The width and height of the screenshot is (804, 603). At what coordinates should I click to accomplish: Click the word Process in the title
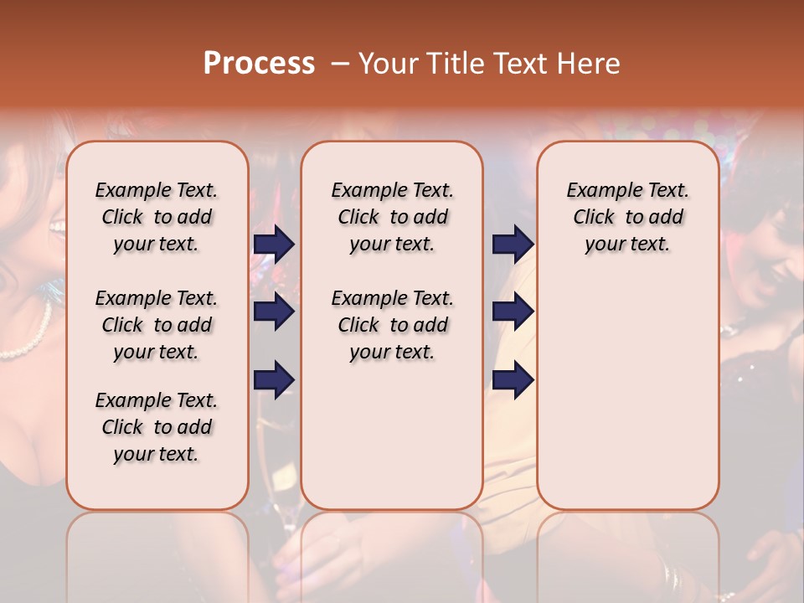click(259, 64)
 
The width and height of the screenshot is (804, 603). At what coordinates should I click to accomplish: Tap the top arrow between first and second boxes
click(274, 244)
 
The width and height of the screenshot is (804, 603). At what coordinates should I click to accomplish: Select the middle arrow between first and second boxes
click(274, 312)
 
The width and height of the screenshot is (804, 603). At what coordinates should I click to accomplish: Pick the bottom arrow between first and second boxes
click(274, 379)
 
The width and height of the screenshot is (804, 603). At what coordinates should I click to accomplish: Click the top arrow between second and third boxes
click(513, 244)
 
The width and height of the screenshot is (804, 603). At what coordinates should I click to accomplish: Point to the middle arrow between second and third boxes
click(513, 312)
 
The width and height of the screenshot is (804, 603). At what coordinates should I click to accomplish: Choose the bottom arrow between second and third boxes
click(513, 379)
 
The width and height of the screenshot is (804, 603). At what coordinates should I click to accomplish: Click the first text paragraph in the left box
click(157, 217)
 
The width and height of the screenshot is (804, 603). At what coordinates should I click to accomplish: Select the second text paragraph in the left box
click(157, 325)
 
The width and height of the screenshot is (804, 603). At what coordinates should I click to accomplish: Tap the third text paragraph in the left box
click(157, 427)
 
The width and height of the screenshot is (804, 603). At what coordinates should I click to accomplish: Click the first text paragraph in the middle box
click(392, 217)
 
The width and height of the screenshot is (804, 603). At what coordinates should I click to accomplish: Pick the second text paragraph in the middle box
click(392, 325)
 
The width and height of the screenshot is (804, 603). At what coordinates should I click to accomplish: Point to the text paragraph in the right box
click(627, 217)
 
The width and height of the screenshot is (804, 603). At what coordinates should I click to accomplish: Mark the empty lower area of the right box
click(627, 394)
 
